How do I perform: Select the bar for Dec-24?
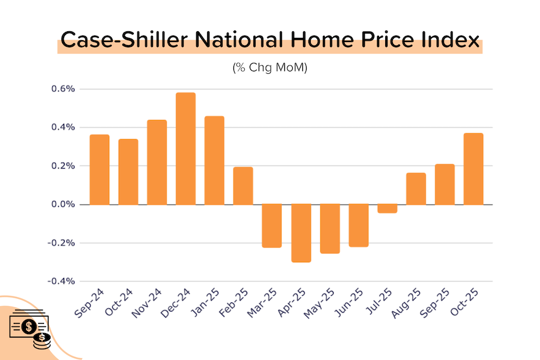185,148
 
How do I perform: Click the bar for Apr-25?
301,233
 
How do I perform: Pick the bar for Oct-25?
473,169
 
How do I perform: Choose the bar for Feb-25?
243,185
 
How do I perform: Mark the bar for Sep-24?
100,169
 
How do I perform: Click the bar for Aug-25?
416,188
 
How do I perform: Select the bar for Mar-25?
272,226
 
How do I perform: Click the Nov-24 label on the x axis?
152,302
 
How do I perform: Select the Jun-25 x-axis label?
354,302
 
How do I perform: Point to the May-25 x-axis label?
325,302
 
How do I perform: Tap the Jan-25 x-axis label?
210,302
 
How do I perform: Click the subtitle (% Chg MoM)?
269,68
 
